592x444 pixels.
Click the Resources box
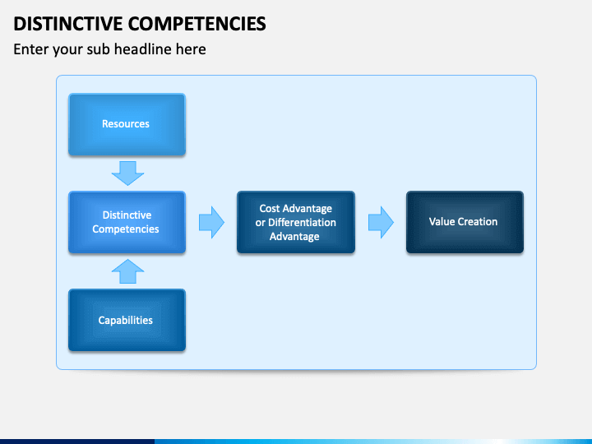127,124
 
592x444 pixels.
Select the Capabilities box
127,320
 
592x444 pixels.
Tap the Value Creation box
465,222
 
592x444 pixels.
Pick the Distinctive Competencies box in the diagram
127,222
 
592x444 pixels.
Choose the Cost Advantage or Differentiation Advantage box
296,222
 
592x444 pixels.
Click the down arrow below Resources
127,173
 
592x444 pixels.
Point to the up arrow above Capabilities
127,271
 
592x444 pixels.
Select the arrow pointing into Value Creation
381,222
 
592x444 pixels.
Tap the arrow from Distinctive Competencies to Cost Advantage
212,222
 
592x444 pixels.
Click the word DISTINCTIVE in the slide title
68,23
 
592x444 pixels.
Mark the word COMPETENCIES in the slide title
197,23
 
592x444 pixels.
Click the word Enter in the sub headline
30,49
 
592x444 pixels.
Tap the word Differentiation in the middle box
302,222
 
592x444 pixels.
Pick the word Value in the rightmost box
442,222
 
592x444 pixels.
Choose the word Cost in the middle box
270,208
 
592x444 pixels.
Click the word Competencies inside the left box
126,229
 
